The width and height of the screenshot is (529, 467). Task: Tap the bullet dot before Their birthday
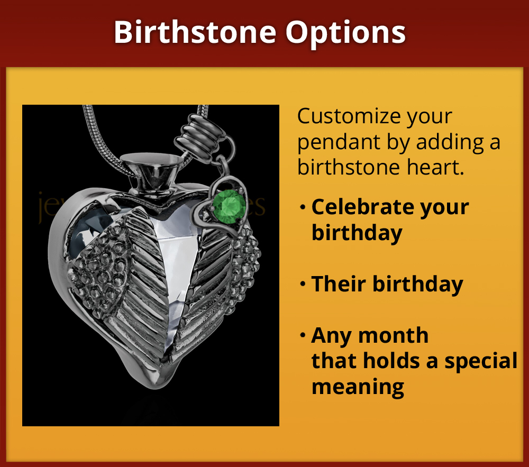coord(303,285)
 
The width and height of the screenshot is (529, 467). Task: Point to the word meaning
coord(358,387)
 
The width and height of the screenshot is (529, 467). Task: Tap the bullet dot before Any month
coord(303,335)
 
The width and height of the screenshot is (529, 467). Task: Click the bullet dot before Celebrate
coord(303,207)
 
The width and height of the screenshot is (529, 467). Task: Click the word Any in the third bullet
coord(331,336)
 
